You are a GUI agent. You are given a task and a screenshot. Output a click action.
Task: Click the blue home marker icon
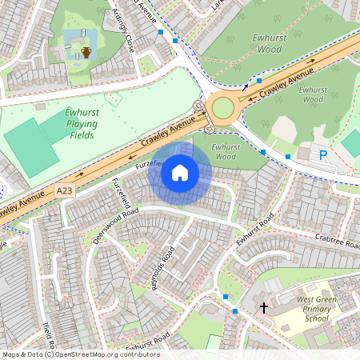pyautogui.click(x=180, y=172)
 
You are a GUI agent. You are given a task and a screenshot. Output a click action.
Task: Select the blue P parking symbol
pyautogui.click(x=323, y=155)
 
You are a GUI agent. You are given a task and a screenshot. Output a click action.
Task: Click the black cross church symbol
pyautogui.click(x=263, y=307)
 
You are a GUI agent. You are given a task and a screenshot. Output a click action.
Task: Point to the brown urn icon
pyautogui.click(x=86, y=53)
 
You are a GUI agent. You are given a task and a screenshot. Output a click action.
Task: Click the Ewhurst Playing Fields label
pyautogui.click(x=82, y=124)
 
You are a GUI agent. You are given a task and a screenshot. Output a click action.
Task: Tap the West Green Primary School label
pyautogui.click(x=316, y=308)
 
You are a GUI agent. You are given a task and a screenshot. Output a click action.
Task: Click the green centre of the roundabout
pyautogui.click(x=223, y=106)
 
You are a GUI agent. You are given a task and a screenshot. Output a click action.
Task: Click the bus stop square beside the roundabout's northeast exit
pyautogui.click(x=259, y=81)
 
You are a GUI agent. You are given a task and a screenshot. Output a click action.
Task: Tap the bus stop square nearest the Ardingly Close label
pyautogui.click(x=161, y=33)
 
